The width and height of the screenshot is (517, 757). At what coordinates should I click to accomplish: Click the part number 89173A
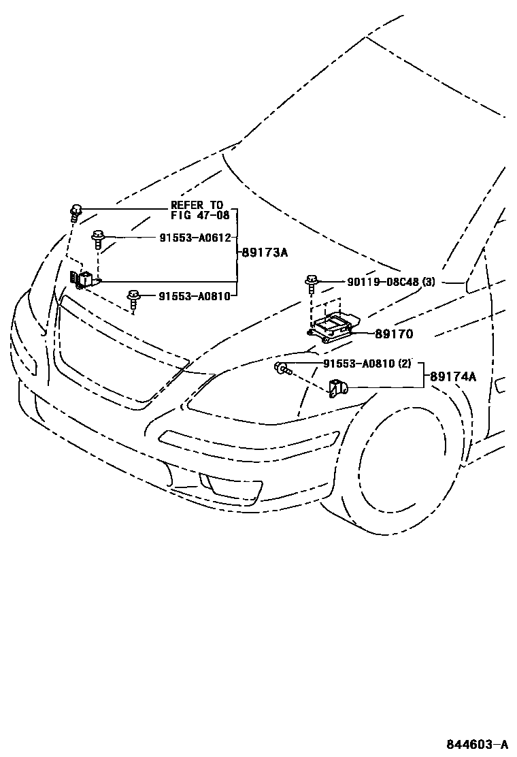coord(265,253)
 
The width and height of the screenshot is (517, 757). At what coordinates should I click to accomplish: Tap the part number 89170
coord(393,334)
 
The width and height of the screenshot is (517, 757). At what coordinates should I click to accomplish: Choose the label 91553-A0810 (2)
coord(367,364)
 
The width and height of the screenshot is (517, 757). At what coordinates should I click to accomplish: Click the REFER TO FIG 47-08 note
coord(197,210)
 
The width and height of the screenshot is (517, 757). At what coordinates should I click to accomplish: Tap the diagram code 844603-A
coord(478,744)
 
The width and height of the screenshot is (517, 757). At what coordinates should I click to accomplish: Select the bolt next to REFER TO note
coord(76,210)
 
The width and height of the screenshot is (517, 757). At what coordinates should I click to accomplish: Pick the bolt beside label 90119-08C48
coord(312,281)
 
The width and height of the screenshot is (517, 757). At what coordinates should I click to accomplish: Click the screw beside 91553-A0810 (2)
coord(282,370)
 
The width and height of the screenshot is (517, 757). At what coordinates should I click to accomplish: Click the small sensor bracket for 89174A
coord(337,389)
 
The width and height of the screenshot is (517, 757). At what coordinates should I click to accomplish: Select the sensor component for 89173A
coord(83,279)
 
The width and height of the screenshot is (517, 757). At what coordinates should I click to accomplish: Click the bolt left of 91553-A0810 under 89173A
coord(133,297)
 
